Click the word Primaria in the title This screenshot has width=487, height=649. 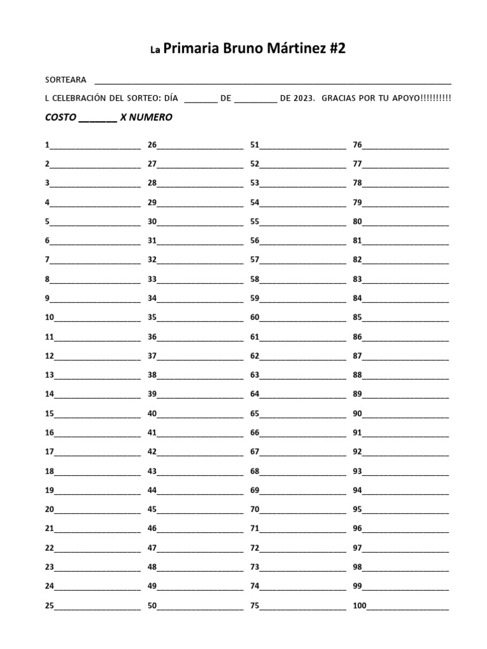192,50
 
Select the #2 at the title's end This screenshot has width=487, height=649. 337,50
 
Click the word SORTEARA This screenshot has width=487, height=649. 65,80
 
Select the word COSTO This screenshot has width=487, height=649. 61,118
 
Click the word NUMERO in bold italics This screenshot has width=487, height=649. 151,118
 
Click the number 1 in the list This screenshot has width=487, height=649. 47,145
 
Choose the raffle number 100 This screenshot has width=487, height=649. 360,606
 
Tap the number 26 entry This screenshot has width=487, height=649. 152,145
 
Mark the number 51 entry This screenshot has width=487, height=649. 255,145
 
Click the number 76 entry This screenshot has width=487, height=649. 358,145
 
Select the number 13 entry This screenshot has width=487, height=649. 49,375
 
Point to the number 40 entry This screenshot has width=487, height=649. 152,414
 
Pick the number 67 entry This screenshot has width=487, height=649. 255,453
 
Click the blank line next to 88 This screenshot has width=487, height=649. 406,376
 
